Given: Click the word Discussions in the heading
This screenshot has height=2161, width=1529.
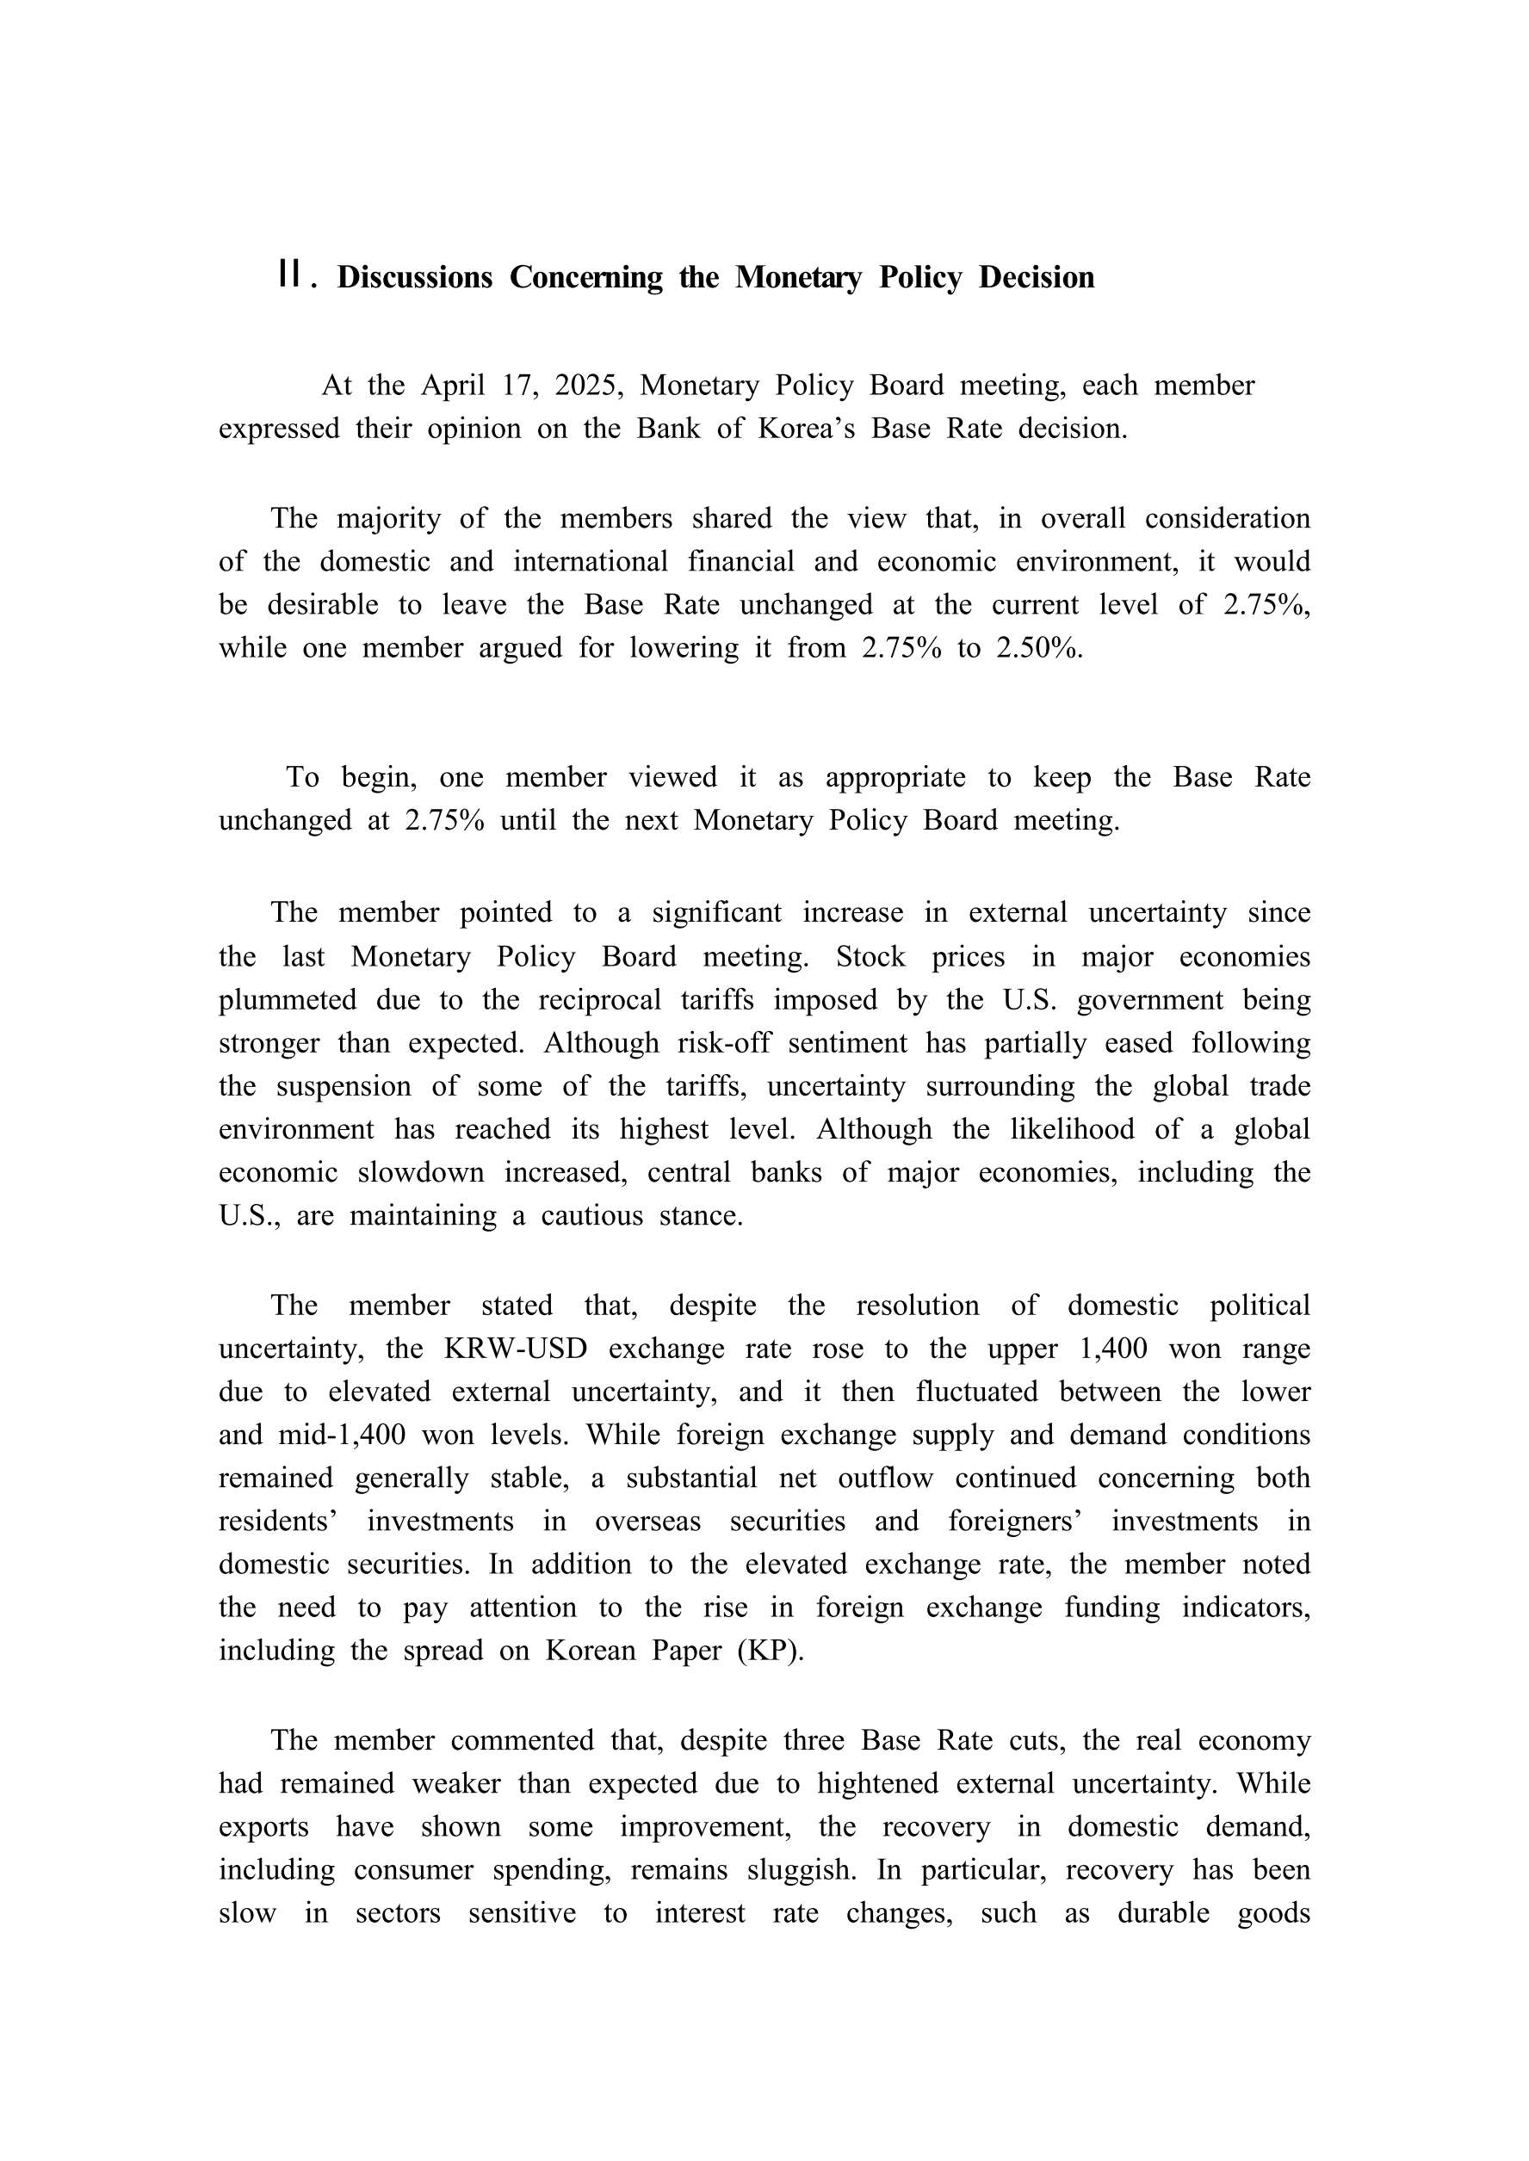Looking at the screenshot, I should pos(414,278).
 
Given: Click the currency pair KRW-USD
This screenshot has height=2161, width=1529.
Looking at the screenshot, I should pos(515,1349).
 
